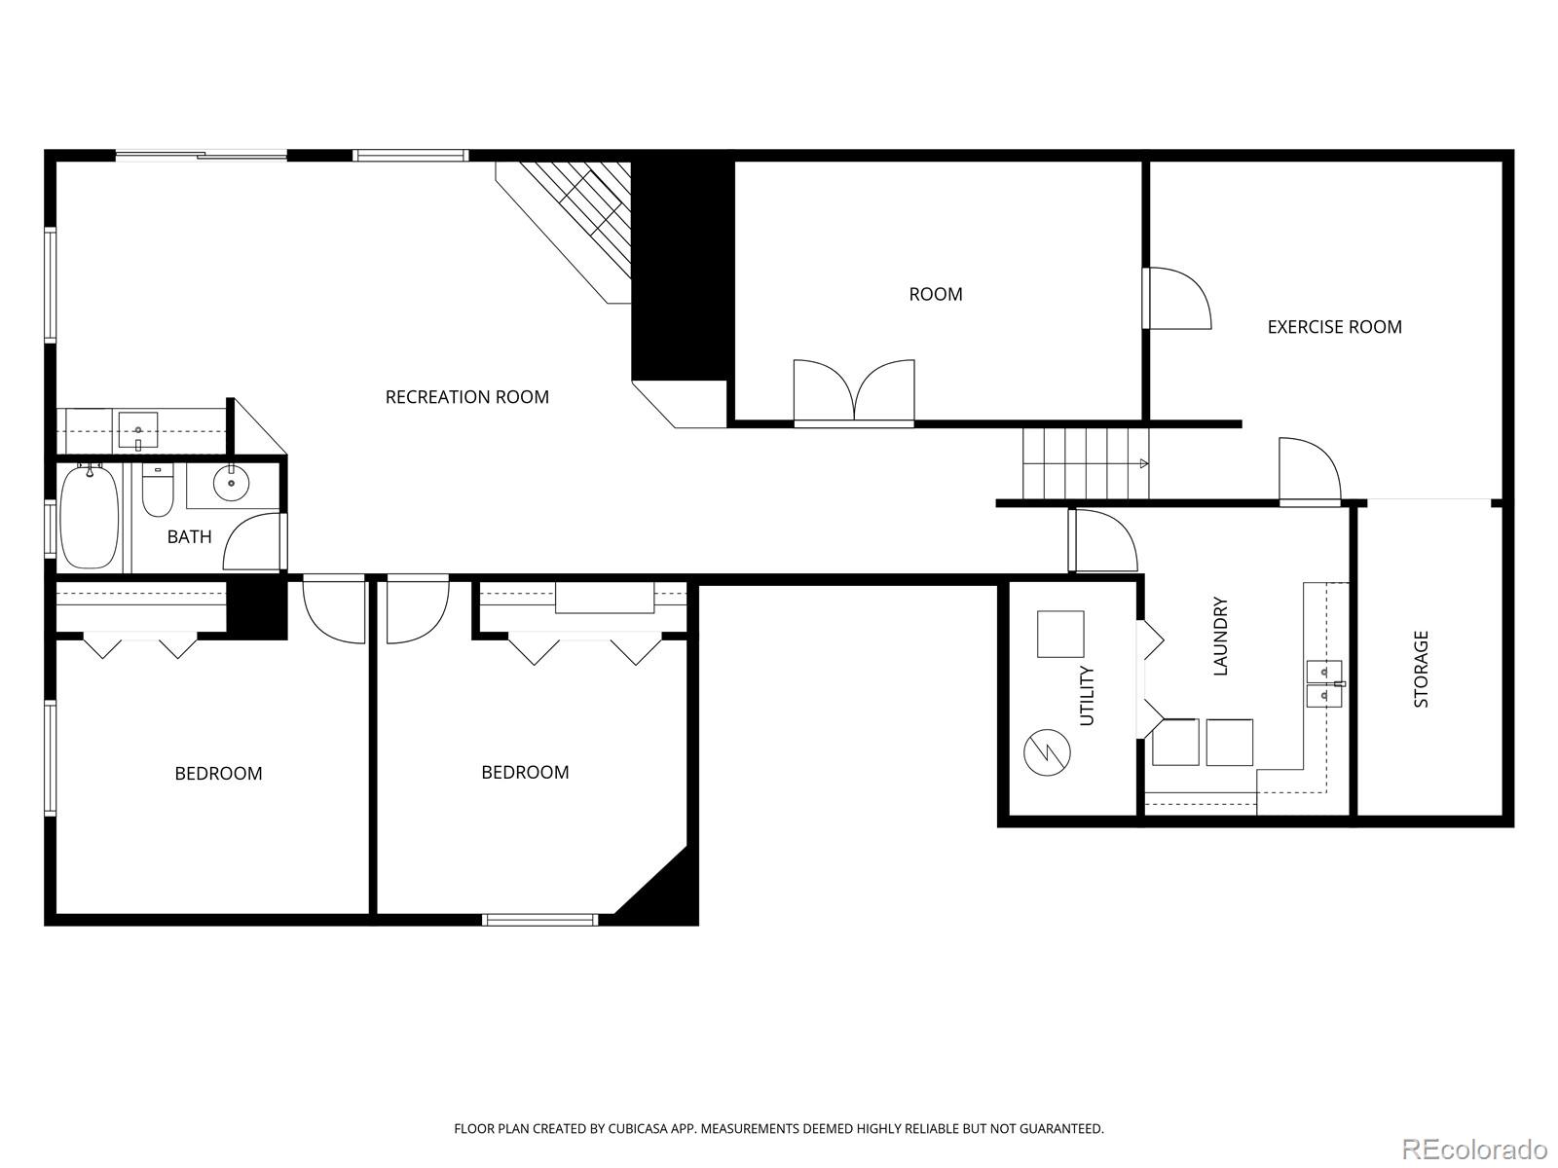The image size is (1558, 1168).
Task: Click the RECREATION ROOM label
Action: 466,396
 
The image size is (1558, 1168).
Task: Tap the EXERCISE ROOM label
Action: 1334,327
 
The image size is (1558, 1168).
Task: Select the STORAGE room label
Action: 1421,669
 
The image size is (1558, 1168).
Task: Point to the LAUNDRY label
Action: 1221,636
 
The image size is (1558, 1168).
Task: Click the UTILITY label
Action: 1088,695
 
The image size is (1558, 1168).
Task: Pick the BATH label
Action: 189,536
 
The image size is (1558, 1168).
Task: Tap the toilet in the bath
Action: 157,491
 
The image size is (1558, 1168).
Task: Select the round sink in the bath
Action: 231,483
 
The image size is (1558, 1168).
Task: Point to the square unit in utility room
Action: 1060,635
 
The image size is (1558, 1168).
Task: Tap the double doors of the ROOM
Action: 854,392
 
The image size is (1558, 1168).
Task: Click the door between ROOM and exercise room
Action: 1176,299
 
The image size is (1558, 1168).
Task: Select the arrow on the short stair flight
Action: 1143,464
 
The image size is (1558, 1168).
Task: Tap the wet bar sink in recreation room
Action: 138,429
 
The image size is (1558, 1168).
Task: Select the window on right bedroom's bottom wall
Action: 540,919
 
